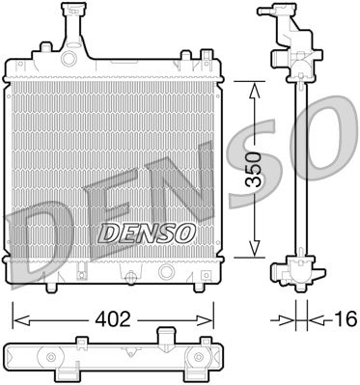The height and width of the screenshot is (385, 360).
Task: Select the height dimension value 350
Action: pos(253,172)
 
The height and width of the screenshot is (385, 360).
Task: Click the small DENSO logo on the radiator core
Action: pos(148,232)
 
